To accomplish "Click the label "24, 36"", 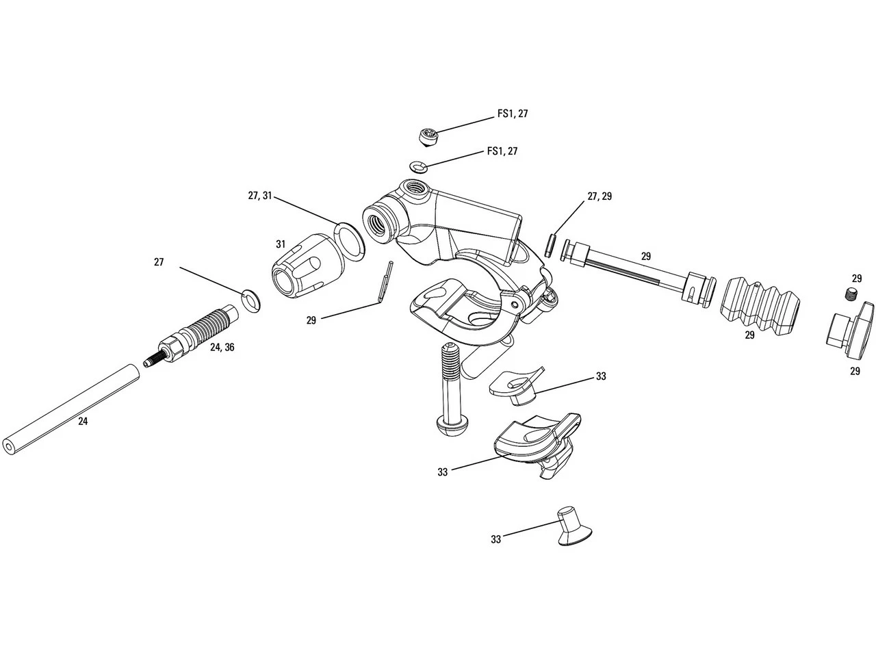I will tap(222, 348).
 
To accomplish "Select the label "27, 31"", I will tap(260, 196).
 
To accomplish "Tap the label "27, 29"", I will tap(600, 196).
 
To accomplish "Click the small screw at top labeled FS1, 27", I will tap(429, 135).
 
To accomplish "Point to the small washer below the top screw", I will tap(417, 166).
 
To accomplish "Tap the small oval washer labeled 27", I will tap(251, 300).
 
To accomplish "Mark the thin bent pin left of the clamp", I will tap(385, 281).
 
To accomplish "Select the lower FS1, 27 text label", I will tap(502, 151).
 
